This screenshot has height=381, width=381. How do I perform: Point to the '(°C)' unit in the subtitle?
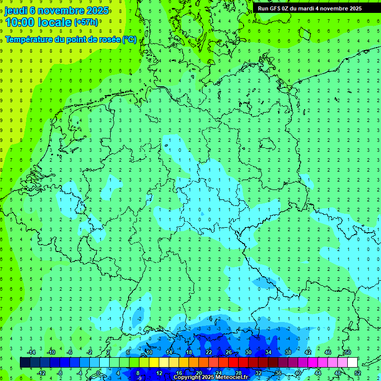tap(129, 39)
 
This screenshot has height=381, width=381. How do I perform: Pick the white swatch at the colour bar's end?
tap(352, 362)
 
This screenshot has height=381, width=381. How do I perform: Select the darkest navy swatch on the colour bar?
tap(25, 362)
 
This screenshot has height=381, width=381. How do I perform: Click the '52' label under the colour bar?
tap(357, 373)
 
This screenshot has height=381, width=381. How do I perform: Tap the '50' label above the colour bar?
tap(347, 352)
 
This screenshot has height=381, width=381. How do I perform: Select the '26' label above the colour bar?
tap(228, 352)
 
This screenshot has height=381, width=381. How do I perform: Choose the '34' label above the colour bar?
tap(268, 352)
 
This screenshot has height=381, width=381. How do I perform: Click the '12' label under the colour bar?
tap(159, 373)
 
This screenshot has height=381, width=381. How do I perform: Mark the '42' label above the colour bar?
tap(308, 352)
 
